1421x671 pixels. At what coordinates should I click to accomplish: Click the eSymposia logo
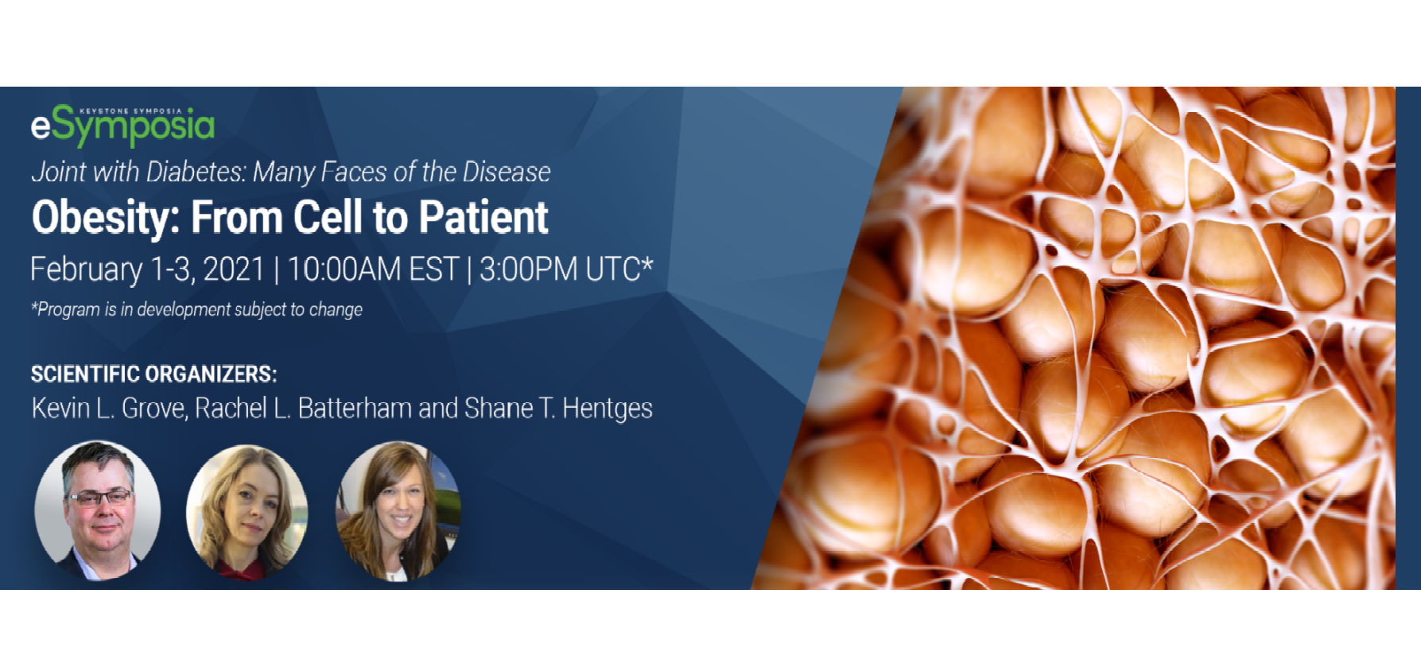(122, 126)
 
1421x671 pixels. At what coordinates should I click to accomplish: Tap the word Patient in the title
(483, 217)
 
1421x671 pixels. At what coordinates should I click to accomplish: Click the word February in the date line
(87, 270)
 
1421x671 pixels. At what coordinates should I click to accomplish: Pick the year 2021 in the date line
(234, 270)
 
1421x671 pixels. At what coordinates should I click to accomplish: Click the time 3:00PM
(529, 270)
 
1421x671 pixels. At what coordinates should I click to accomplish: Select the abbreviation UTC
(613, 270)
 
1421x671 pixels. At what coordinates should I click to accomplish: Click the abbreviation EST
(434, 270)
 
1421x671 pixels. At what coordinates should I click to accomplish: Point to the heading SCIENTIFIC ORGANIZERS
(154, 374)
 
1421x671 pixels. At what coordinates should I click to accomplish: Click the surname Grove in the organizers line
(154, 409)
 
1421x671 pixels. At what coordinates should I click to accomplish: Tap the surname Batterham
(355, 408)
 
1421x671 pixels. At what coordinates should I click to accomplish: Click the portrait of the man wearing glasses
(97, 510)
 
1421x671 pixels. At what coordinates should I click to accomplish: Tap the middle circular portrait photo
(247, 512)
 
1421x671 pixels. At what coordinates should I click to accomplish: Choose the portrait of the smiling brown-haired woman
(398, 512)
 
